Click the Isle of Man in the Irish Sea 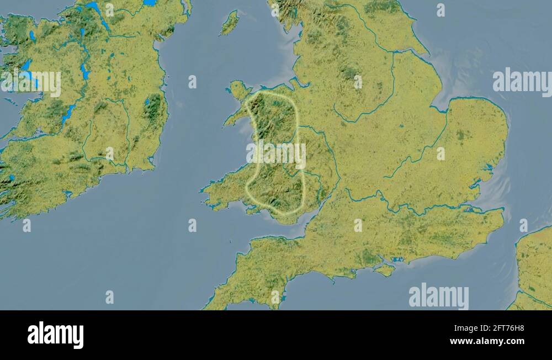(230, 23)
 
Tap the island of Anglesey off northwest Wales (238, 89)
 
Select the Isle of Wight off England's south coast (385, 270)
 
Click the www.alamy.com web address (487, 342)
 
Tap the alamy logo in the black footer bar (55, 335)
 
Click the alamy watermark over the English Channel (438, 297)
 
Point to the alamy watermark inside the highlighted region (276, 155)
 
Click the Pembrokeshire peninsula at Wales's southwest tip (213, 190)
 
